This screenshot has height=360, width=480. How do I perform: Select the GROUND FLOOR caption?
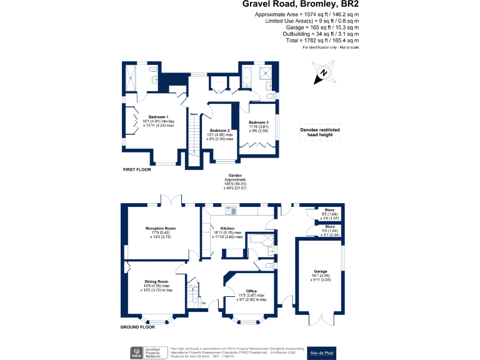(x=137, y=327)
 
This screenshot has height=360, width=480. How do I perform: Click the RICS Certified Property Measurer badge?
(x=146, y=352)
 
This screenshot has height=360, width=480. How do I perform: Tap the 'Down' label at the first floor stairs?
(x=194, y=114)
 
